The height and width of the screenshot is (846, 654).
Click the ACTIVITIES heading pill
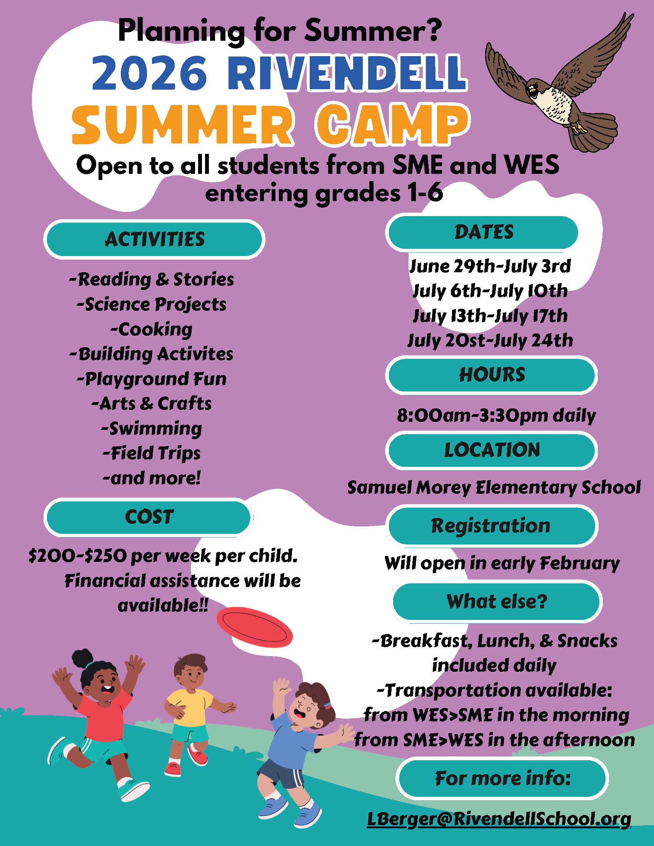155,239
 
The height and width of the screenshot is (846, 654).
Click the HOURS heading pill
492,375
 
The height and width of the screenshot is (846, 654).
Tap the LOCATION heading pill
492,450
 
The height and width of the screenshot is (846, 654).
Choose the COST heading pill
149,517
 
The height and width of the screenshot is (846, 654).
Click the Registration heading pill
492,526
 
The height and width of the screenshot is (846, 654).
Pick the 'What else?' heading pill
496,601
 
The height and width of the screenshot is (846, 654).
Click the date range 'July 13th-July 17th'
490,316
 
